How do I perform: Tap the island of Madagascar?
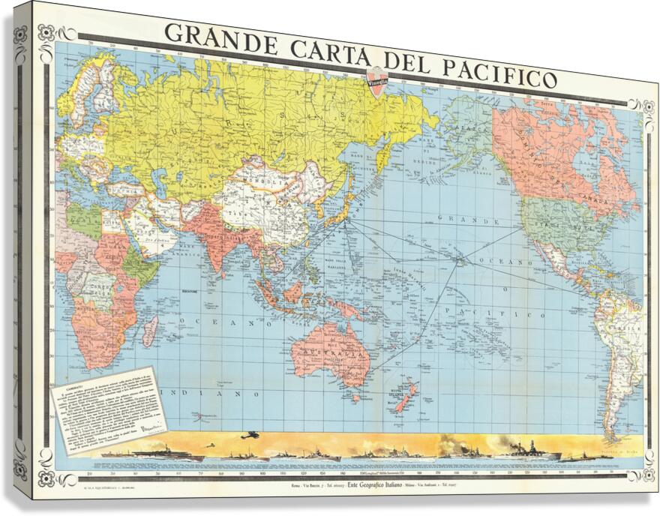click(x=150, y=330)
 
